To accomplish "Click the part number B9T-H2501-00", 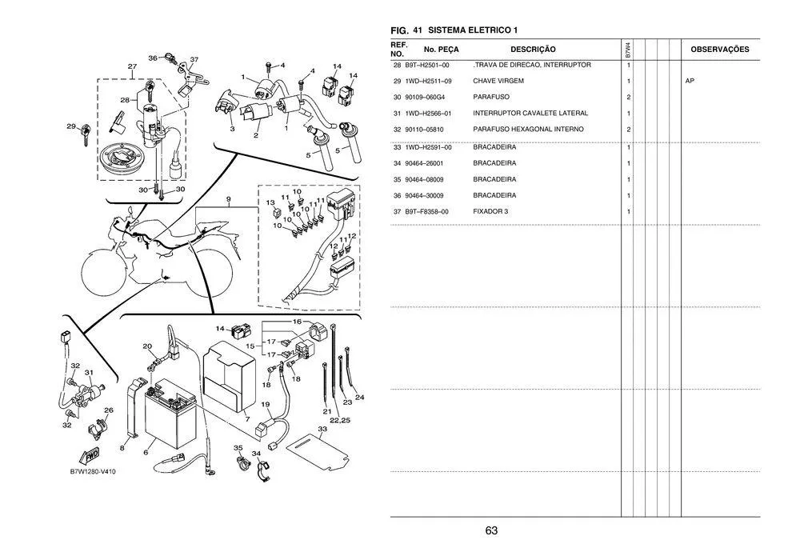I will tap(427, 65).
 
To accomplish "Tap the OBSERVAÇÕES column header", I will tap(719, 50).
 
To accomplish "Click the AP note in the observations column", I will tap(690, 81).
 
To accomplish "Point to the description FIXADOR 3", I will tap(490, 211).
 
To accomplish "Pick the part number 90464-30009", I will tap(427, 195).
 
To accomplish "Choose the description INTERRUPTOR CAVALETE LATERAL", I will tap(530, 113).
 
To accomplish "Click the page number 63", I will tap(491, 530).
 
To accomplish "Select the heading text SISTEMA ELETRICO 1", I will tap(473, 30).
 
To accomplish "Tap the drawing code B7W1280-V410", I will tap(93, 472).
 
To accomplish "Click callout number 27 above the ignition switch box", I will tap(131, 66).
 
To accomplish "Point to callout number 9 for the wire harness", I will tap(228, 198).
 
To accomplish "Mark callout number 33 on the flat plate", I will tap(322, 430).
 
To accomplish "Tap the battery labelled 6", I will tap(167, 412).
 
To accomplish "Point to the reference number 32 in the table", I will tap(397, 130).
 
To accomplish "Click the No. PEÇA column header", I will tap(437, 50).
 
